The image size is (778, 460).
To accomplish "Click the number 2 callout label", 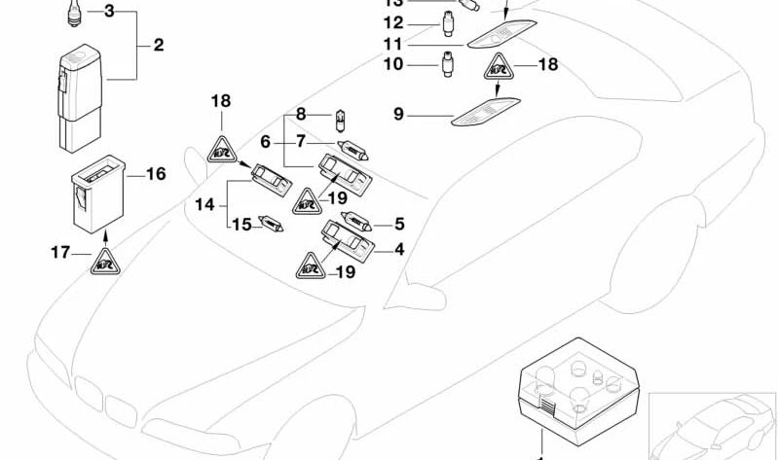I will [158, 46].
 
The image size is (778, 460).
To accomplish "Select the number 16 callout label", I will [156, 174].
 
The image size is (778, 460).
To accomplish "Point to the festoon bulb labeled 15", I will [269, 225].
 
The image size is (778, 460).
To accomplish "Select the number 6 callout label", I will [266, 141].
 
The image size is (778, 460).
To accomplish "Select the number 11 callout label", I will [391, 45].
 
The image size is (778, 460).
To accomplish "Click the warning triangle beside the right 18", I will [498, 69].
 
